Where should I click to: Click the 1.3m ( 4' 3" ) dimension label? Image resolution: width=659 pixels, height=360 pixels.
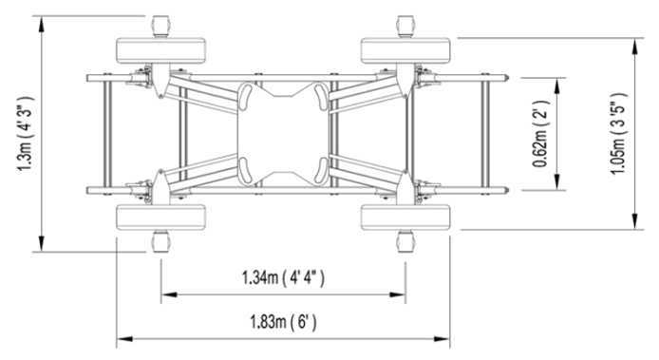(25, 134)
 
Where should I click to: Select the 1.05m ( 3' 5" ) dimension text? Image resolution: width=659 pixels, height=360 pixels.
(619, 134)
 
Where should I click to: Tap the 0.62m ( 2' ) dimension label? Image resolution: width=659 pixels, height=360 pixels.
(540, 134)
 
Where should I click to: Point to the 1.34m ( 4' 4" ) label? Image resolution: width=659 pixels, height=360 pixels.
(283, 278)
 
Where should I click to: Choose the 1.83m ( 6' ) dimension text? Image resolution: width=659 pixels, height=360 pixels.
(283, 323)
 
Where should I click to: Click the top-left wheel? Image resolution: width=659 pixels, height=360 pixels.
(161, 51)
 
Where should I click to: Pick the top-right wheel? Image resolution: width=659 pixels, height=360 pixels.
(405, 51)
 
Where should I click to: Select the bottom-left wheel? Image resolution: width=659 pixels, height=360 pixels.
(161, 218)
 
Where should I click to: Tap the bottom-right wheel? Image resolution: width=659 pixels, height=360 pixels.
(405, 218)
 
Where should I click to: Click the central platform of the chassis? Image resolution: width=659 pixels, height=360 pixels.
(283, 134)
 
